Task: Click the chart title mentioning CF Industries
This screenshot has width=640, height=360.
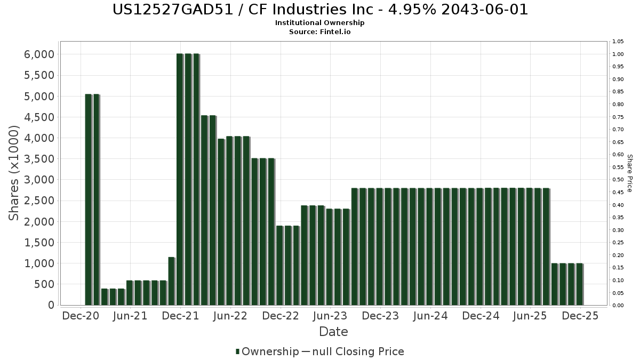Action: click(320, 10)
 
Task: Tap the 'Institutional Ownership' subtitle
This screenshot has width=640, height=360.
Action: click(320, 23)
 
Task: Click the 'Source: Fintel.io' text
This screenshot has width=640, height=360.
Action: click(320, 31)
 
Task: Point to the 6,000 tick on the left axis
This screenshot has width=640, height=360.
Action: click(39, 54)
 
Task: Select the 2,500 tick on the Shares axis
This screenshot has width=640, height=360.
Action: click(39, 201)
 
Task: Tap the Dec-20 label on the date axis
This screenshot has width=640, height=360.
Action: click(81, 316)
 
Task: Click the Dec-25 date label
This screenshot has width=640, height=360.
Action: click(580, 316)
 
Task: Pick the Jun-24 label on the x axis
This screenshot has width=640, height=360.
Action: click(430, 316)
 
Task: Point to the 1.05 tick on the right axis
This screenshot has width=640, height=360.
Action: click(618, 42)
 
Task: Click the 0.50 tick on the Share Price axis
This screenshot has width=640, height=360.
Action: click(618, 180)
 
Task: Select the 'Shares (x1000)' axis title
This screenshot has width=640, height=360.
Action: click(14, 173)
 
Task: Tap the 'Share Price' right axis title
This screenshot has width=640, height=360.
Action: click(629, 173)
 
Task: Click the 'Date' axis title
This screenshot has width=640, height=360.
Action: click(333, 332)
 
